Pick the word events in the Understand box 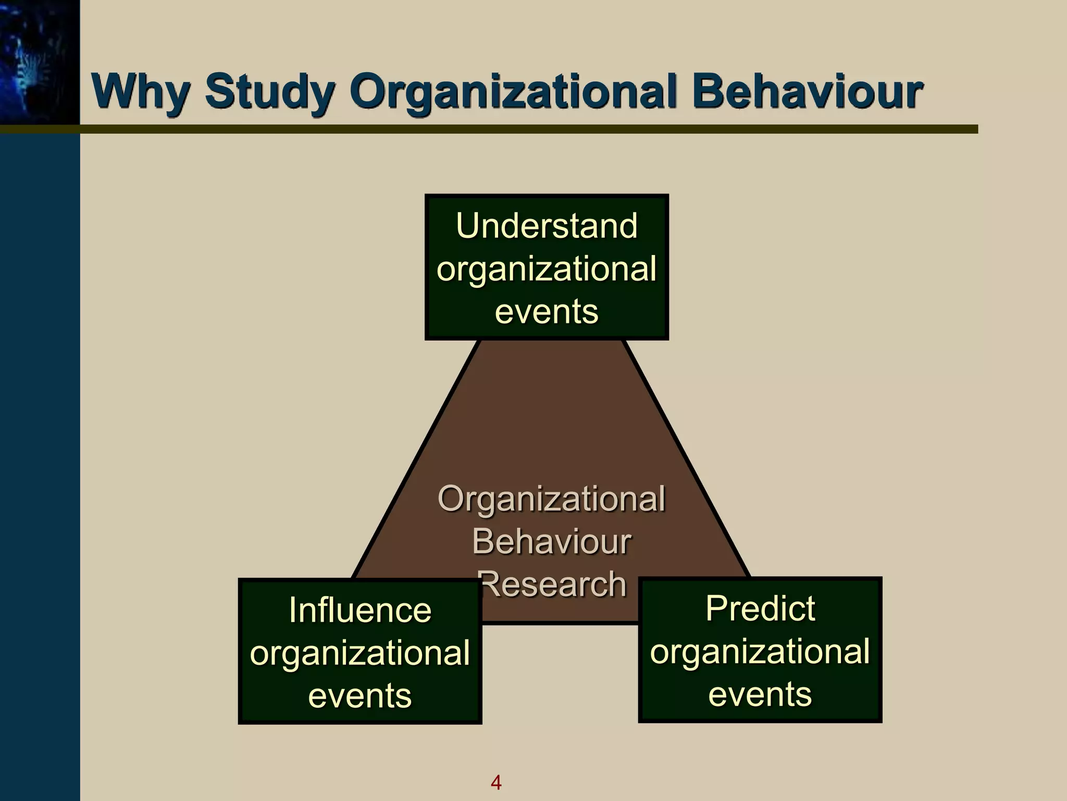coord(547,311)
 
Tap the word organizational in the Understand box coord(547,269)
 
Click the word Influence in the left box coord(360,610)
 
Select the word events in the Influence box coord(360,696)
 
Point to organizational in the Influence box coord(360,653)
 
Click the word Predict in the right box coord(760,609)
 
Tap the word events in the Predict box coord(760,694)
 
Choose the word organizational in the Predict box coord(760,651)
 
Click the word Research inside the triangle coord(553,584)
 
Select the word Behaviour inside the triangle coord(552,541)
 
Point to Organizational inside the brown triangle coord(552,499)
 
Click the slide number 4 coord(496,782)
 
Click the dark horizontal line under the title coord(521,129)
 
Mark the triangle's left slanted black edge coord(417,459)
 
